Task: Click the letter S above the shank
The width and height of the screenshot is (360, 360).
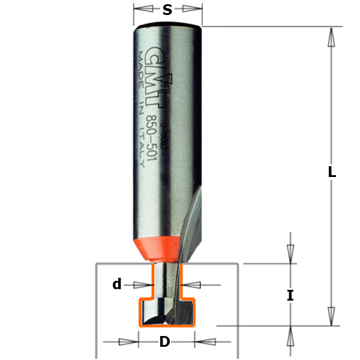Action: [x=167, y=10]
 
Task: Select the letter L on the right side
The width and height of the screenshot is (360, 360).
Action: [x=332, y=172]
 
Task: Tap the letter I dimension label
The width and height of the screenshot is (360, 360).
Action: [x=290, y=295]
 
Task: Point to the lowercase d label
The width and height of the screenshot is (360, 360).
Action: [x=117, y=284]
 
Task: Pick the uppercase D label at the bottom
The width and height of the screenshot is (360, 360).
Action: [x=164, y=343]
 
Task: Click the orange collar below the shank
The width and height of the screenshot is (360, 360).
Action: [x=157, y=247]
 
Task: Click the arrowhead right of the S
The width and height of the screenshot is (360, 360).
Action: [x=191, y=9]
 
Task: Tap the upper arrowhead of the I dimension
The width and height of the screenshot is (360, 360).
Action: [x=290, y=252]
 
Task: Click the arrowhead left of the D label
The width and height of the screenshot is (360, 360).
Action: [x=128, y=342]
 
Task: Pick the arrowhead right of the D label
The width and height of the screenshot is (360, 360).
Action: [x=204, y=342]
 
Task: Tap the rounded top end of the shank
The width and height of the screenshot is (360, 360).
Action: [x=167, y=27]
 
